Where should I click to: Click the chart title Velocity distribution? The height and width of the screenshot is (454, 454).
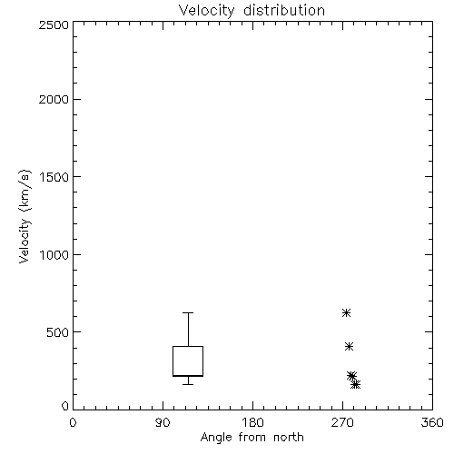pos(252,10)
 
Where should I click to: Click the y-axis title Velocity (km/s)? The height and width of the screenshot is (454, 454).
pos(25,216)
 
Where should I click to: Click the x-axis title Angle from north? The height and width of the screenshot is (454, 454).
pos(252,437)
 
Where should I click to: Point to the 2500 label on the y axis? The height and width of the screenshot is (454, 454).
pos(54,25)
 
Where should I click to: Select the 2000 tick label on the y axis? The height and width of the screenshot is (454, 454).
pos(54,99)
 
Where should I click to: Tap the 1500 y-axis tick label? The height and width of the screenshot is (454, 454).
pos(54,177)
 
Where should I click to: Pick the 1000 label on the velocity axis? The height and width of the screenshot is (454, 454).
pos(54,254)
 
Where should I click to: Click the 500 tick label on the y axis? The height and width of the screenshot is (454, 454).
pos(58,332)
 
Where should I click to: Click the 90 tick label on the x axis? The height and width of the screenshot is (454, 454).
pos(163,422)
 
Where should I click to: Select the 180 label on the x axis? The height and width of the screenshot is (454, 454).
pos(252,422)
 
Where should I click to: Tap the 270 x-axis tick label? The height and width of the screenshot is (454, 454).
pos(342,422)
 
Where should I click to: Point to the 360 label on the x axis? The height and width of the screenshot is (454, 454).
pos(432,422)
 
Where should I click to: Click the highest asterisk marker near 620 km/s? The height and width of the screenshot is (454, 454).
pos(346,312)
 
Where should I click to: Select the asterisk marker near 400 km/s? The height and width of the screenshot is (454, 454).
pos(349,346)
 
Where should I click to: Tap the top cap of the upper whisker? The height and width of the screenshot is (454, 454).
pos(188,312)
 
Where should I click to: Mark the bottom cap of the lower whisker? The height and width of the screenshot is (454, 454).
pos(188,384)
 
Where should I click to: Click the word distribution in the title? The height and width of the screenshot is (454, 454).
pos(284,10)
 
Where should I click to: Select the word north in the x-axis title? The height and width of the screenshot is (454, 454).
pos(289,437)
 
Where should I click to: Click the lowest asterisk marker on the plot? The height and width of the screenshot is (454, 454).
pos(356,385)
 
